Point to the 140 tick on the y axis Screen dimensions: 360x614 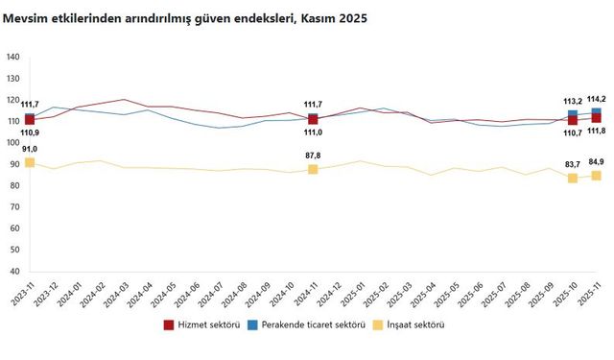click(x=13, y=58)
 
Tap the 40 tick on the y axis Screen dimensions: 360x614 click(x=13, y=248)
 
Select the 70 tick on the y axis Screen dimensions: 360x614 click(x=13, y=191)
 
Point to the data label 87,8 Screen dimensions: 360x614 click(x=313, y=155)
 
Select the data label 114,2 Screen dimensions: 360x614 click(x=596, y=99)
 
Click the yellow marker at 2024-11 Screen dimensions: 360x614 click(x=313, y=169)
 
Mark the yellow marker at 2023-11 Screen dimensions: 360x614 click(x=30, y=162)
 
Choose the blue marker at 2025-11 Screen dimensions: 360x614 click(x=596, y=113)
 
